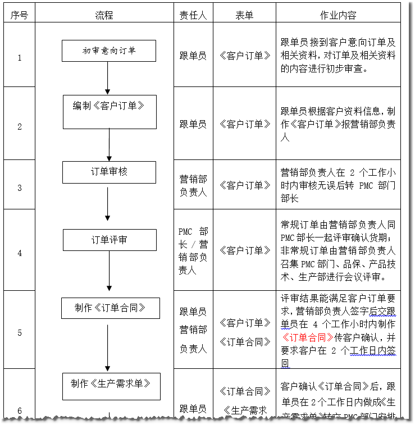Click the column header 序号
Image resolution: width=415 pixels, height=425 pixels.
click(19, 15)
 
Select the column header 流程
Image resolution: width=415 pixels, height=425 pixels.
click(104, 15)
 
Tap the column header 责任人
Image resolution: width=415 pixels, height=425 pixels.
click(193, 15)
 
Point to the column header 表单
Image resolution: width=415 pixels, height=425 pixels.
click(244, 15)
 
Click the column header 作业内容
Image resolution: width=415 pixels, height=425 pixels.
click(338, 15)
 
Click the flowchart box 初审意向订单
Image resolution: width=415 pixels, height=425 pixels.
click(109, 51)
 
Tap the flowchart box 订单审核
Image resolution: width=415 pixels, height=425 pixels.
click(109, 172)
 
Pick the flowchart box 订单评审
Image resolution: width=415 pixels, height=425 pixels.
click(109, 240)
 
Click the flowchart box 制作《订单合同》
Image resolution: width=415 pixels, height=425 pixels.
click(110, 308)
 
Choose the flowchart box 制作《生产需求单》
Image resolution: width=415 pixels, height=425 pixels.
click(111, 386)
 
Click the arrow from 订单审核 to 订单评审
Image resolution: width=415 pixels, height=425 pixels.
click(108, 205)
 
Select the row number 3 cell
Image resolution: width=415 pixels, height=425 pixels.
click(19, 188)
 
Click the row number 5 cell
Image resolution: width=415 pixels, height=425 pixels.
click(19, 332)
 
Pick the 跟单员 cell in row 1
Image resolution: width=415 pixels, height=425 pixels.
click(193, 56)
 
